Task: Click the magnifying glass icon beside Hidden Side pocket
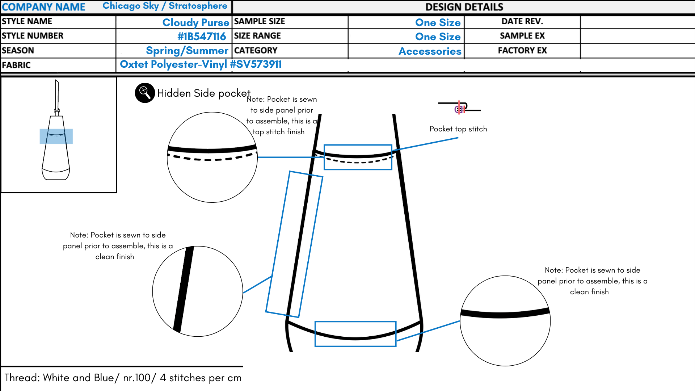145,93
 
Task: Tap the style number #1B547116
202,37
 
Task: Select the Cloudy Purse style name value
195,22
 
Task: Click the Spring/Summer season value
187,51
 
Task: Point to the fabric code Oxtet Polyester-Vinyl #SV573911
201,64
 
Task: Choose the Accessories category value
430,51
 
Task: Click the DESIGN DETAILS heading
464,7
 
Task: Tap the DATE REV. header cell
522,21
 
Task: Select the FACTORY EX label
522,50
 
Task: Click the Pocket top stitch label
458,129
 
